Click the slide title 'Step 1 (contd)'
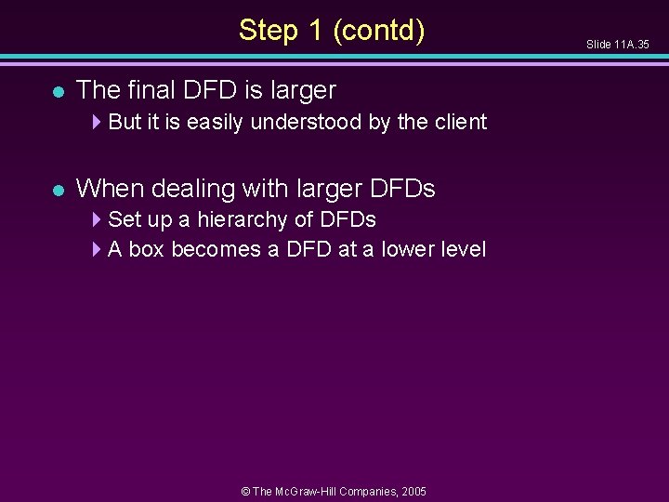332,30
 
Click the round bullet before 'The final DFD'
58,91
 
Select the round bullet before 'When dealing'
58,190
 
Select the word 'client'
460,122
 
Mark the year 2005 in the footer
413,490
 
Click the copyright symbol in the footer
245,490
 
